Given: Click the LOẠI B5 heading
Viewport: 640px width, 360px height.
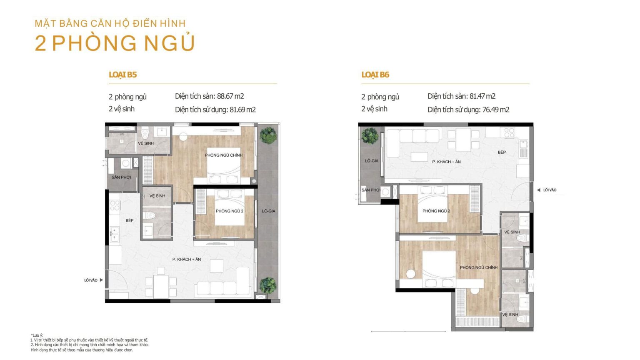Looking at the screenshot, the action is [123, 75].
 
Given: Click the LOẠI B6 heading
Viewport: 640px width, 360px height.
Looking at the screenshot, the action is [375, 75].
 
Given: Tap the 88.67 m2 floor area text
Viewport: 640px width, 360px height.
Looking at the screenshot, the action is [230, 96].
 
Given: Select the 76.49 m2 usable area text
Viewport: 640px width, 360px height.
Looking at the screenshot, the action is [496, 110].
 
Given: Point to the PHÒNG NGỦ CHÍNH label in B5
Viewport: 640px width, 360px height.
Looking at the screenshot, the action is [224, 155].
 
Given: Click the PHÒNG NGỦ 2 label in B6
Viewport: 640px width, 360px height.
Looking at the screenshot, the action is [436, 211].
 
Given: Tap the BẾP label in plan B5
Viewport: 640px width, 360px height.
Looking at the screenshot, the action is [130, 220].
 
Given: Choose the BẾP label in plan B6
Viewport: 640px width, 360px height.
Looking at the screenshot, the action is [502, 152].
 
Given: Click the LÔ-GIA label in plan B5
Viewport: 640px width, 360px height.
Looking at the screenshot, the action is [269, 211].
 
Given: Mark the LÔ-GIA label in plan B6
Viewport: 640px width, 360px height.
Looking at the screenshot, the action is [372, 161].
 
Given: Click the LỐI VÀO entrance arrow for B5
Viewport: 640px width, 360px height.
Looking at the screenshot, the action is [101, 280].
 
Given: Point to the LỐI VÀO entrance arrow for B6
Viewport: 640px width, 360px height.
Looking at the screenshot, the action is [539, 190].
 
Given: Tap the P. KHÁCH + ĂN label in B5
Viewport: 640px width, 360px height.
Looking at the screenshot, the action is [187, 260].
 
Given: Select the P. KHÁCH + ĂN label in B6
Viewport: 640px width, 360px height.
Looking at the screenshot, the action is [446, 162].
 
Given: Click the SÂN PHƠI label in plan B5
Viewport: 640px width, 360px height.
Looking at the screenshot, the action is [121, 177].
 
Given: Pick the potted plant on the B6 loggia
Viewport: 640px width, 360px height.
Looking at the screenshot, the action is [370, 135].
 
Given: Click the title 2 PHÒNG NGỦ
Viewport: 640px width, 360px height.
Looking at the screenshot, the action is [115, 43].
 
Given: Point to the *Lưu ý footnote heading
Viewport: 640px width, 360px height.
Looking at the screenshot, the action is [37, 335].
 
